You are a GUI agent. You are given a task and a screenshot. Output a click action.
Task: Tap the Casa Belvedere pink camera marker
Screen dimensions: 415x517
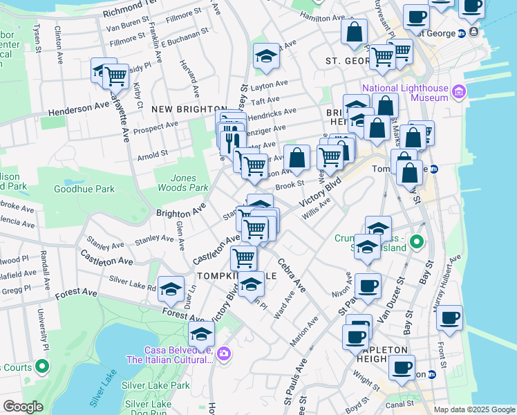point(223,354)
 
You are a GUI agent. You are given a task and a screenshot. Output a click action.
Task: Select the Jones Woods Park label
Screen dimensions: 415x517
point(180,183)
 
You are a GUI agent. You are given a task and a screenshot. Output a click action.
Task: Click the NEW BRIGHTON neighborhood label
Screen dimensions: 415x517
point(180,109)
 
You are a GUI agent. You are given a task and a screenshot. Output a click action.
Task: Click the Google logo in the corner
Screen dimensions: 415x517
point(23,407)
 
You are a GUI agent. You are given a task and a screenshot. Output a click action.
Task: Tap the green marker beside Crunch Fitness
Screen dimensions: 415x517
point(416,242)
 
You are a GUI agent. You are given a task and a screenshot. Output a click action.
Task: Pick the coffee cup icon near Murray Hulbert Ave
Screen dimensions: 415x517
point(449,318)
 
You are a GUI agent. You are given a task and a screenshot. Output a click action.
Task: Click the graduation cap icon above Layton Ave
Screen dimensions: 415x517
point(266,57)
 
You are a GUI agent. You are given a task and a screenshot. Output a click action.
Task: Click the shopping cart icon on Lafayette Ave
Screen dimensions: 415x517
point(115,75)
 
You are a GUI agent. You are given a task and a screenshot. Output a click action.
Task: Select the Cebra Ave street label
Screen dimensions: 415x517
point(292,275)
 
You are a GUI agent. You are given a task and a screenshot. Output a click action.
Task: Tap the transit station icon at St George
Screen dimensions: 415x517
point(473,33)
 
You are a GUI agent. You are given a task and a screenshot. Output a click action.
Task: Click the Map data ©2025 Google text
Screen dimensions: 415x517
point(474,409)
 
